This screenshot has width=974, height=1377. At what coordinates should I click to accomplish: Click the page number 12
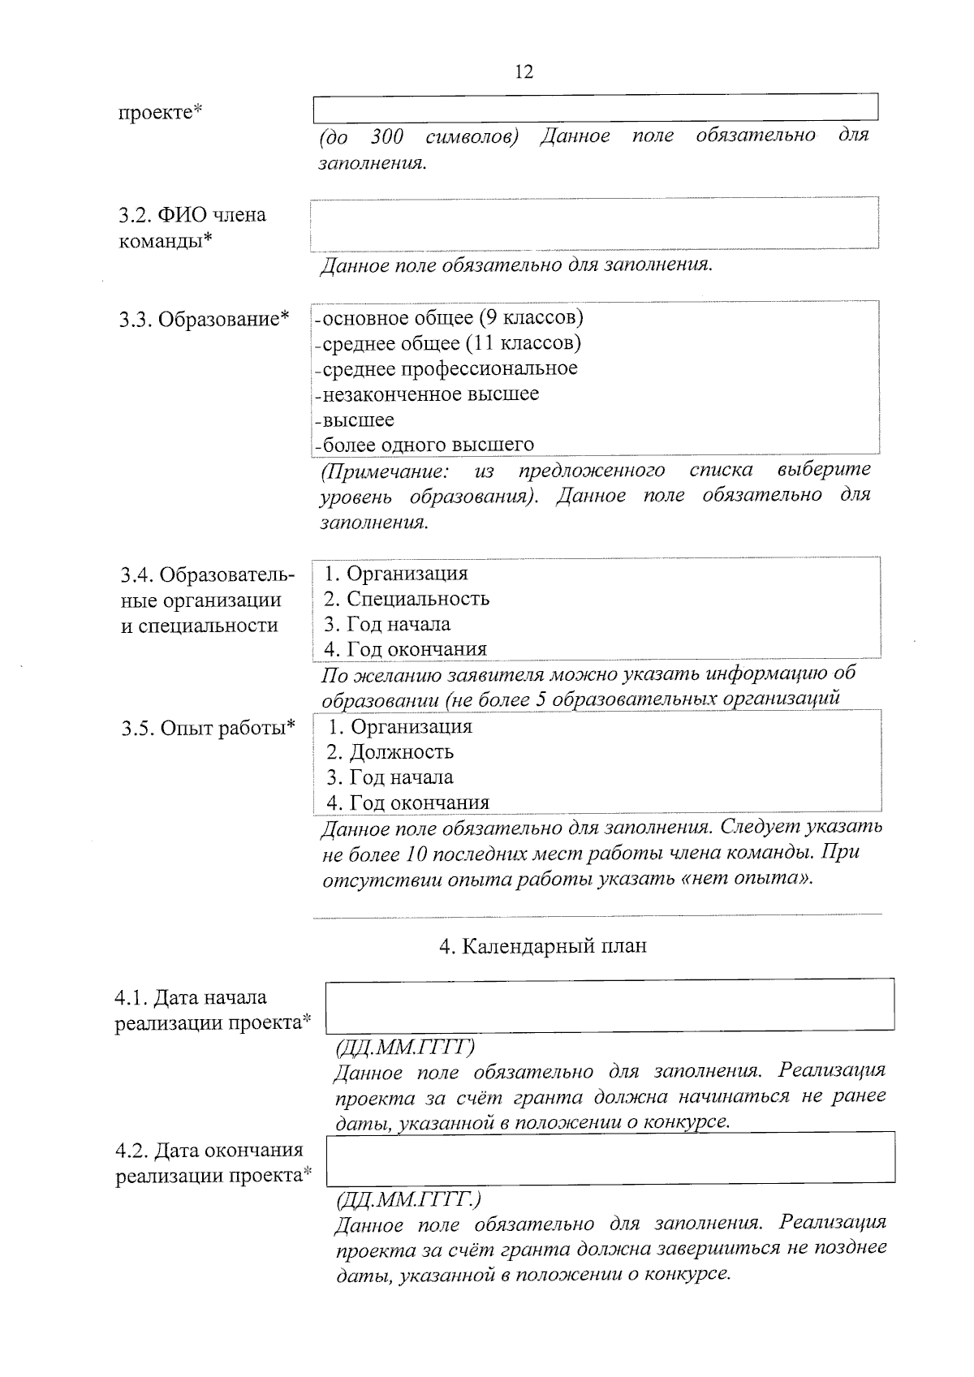click(524, 71)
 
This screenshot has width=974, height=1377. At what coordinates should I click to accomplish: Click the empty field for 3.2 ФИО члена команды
click(594, 222)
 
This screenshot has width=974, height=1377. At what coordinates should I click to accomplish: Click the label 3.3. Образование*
click(204, 319)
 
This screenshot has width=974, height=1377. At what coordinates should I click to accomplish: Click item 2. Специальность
click(407, 599)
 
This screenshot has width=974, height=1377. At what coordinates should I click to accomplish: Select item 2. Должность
click(390, 752)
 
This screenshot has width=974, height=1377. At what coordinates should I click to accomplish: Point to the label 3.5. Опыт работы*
click(208, 728)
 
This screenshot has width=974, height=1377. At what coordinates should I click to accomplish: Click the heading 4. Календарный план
click(543, 946)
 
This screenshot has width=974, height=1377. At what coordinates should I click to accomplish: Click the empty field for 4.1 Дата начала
click(610, 1005)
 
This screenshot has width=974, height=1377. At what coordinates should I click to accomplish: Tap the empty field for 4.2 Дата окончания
click(610, 1157)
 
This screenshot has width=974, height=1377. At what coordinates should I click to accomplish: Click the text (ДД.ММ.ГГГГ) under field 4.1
click(405, 1048)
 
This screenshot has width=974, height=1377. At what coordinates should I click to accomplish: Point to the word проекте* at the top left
click(160, 111)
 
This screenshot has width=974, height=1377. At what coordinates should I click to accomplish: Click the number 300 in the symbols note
click(387, 136)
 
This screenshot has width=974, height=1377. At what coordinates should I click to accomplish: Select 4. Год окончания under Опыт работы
click(408, 803)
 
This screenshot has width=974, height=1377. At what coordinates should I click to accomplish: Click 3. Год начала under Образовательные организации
click(387, 624)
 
